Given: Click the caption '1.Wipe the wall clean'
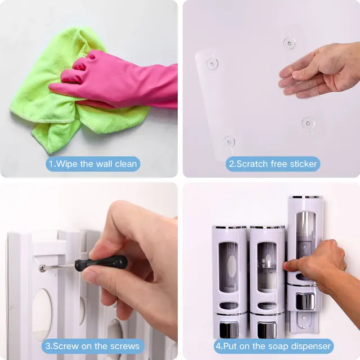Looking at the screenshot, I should [x=93, y=164].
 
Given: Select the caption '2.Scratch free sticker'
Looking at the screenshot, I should [x=273, y=164].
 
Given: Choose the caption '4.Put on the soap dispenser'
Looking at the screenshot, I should [x=273, y=345].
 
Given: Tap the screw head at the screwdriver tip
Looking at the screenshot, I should [x=43, y=268].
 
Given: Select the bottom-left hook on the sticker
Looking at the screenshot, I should [x=229, y=141].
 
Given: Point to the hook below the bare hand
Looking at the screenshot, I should [x=308, y=122].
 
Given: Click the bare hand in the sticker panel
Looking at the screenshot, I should [x=321, y=70].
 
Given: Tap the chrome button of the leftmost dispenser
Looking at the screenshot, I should [x=229, y=329].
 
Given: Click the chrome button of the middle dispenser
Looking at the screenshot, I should [x=267, y=329].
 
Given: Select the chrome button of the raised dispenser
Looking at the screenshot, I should [x=305, y=301].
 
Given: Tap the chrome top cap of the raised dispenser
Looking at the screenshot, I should [x=305, y=197].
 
